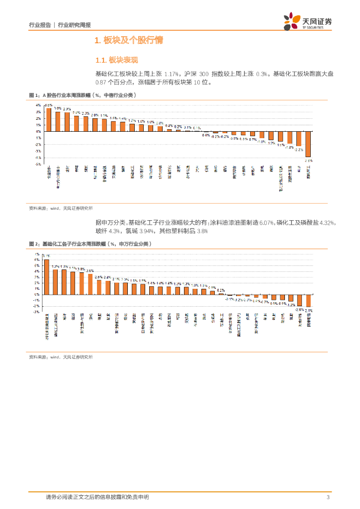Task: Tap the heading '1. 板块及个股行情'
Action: pyautogui.click(x=129, y=40)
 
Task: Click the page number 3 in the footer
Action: pyautogui.click(x=328, y=497)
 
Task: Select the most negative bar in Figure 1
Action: pyautogui.click(x=308, y=144)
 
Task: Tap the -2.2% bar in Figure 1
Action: pyautogui.click(x=299, y=139)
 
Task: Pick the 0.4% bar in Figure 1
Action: pyautogui.click(x=169, y=130)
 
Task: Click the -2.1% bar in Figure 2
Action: pyautogui.click(x=308, y=300)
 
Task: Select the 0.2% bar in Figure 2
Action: pyautogui.click(x=221, y=294)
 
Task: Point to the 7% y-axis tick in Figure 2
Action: pyautogui.click(x=37, y=254)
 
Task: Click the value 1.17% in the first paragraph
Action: pyautogui.click(x=172, y=74)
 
